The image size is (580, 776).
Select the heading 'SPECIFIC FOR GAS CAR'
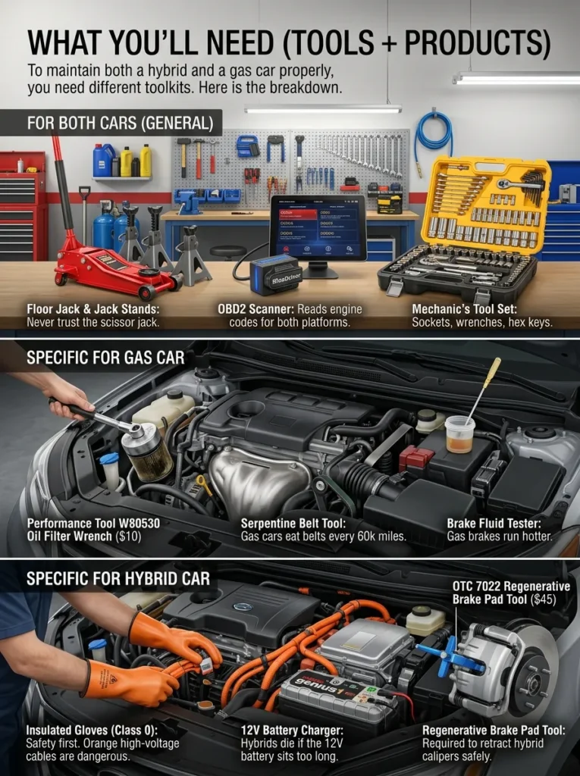(105, 357)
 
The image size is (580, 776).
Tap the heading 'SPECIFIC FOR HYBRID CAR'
(118, 579)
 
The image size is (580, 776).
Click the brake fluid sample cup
(459, 434)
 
